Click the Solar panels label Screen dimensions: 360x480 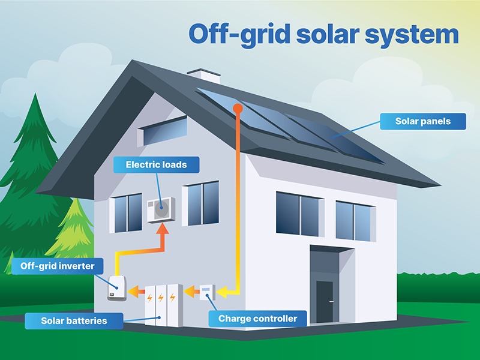point(423,122)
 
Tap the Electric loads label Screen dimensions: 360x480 point(156,164)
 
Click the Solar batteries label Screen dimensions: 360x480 point(74,320)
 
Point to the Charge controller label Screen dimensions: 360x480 point(257,319)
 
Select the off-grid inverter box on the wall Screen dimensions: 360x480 point(116,289)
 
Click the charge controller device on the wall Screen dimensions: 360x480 point(206,292)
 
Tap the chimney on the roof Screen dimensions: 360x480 point(203,77)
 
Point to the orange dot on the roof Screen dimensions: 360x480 point(238,109)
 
